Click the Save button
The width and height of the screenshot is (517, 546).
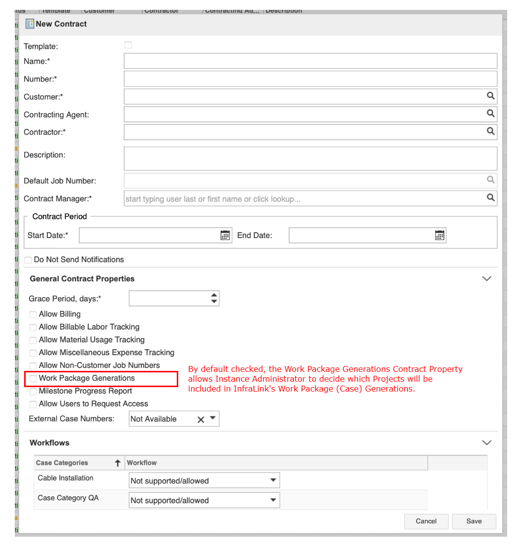tap(474, 521)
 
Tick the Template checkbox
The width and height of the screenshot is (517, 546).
tap(128, 45)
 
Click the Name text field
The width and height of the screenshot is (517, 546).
tap(310, 61)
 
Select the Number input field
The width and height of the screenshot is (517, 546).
tap(310, 79)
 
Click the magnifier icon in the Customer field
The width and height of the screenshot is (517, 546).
tap(490, 96)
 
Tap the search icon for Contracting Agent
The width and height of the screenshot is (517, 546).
tap(490, 114)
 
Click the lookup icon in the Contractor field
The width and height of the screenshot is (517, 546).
tap(490, 131)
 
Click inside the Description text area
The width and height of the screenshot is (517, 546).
tap(310, 158)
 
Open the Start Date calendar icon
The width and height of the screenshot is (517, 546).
tap(225, 235)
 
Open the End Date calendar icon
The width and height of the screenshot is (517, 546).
tap(440, 235)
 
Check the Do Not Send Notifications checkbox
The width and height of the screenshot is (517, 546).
tap(28, 260)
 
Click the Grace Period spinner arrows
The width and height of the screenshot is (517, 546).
tap(214, 298)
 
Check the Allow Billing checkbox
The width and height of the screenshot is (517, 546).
tap(33, 314)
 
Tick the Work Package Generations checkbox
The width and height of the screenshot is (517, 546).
tap(33, 379)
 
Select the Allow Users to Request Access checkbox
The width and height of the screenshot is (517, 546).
tap(33, 404)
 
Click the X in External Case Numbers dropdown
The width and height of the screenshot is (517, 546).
tap(200, 420)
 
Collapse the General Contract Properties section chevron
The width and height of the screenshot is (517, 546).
tap(486, 279)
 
